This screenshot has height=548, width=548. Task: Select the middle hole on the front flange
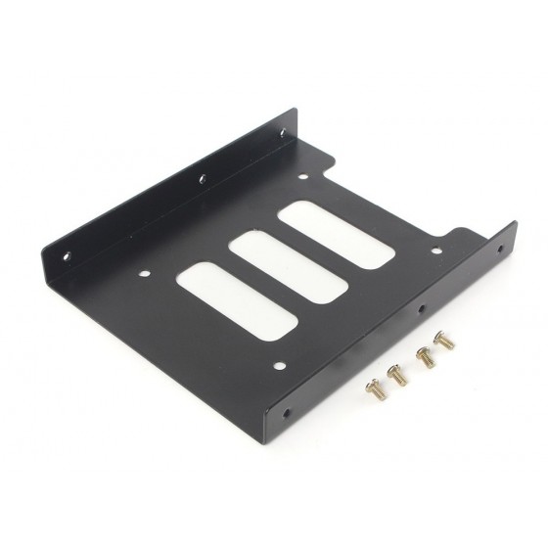[x=421, y=311]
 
